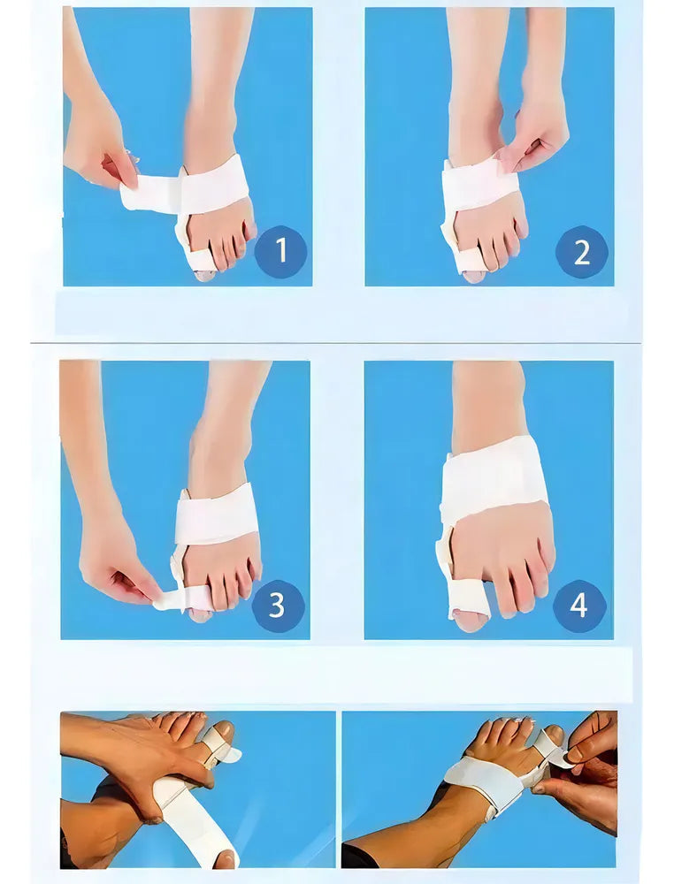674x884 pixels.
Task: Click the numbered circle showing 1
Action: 281,251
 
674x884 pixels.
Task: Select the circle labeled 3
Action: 278,606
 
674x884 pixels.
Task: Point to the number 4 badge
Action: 579,606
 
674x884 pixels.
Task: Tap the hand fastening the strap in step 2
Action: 540,138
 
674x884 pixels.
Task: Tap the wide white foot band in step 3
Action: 217,514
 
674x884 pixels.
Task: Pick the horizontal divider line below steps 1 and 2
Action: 336,343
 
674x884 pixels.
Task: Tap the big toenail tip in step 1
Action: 203,276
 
